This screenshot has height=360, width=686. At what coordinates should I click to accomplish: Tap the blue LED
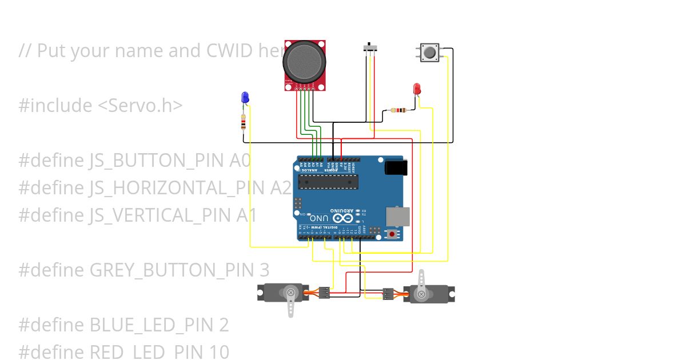click(245, 97)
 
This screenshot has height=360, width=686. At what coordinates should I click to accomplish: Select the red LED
click(417, 89)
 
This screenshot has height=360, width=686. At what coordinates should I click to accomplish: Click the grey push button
click(429, 53)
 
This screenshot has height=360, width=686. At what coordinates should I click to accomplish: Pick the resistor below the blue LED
click(244, 122)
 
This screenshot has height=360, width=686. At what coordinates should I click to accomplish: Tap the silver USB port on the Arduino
click(396, 216)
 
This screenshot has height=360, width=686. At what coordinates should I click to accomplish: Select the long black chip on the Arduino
click(328, 182)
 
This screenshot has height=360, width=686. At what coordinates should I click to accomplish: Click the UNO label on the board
click(319, 218)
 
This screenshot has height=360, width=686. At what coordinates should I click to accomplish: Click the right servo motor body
click(429, 294)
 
